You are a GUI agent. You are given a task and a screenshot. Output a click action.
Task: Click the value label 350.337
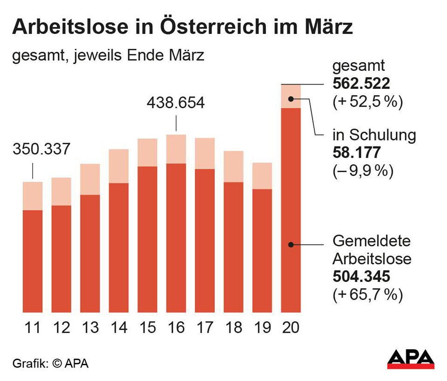[41, 150]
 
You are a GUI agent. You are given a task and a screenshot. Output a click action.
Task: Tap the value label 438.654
[176, 103]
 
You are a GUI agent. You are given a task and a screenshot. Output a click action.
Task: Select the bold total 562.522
[361, 84]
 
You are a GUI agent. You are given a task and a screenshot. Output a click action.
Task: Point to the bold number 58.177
[357, 153]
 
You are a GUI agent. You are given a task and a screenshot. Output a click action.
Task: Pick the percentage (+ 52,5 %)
[367, 102]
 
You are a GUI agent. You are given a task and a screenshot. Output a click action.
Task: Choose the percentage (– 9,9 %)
[363, 171]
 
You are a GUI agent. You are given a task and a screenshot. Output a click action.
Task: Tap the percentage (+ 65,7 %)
[367, 295]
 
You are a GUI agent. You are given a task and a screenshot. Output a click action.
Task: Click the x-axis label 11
[33, 328]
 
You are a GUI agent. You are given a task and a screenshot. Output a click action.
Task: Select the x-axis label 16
[176, 328]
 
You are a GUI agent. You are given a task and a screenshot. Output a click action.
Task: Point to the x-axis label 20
[291, 328]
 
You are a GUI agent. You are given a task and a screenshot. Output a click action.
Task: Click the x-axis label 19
[262, 328]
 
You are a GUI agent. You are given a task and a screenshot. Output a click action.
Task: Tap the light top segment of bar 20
[291, 96]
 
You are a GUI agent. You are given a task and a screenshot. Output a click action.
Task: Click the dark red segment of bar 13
[90, 254]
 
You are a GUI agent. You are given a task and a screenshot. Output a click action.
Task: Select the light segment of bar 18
[233, 167]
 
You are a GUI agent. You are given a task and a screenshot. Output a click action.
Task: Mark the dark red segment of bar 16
[176, 238]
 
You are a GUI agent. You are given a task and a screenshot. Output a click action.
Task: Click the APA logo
[411, 359]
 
